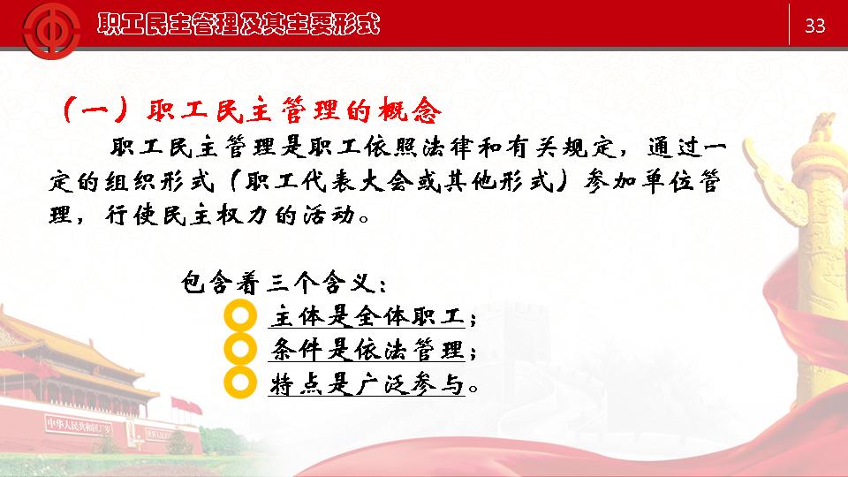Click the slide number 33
(815, 26)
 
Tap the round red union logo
(51, 30)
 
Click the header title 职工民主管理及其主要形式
(238, 25)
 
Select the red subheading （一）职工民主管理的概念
(252, 110)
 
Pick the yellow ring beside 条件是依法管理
(240, 349)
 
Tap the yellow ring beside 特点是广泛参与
(240, 382)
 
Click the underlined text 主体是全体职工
(367, 316)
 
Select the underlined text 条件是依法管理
(367, 350)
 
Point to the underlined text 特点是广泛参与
(367, 384)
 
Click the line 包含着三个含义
(284, 283)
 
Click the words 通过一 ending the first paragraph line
(687, 148)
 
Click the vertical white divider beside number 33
(789, 25)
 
